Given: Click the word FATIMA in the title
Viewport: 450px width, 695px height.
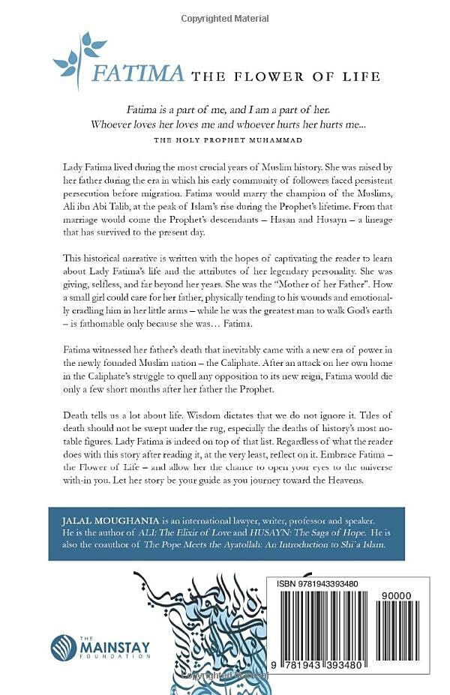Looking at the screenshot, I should [x=137, y=73].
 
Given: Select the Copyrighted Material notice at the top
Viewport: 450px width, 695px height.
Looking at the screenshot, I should [x=225, y=17].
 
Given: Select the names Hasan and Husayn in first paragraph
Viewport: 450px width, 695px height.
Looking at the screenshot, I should [x=328, y=230].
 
